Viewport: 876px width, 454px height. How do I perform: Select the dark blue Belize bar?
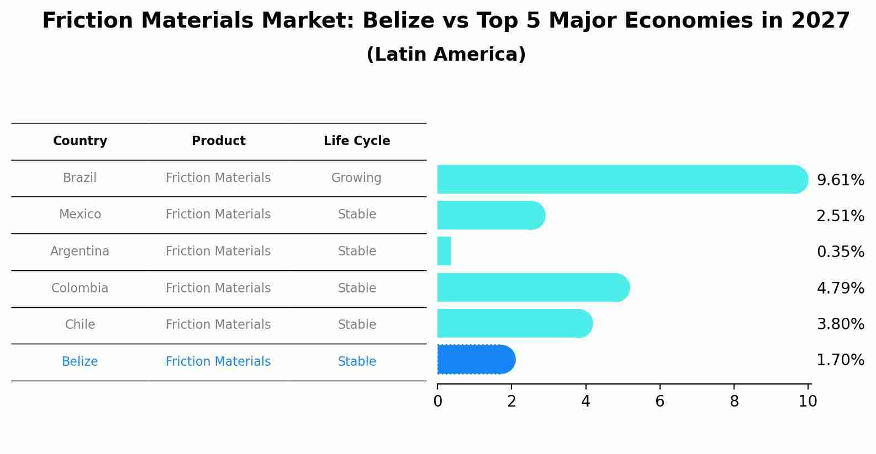[475, 360]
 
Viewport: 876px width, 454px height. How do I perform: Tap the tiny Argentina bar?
[444, 252]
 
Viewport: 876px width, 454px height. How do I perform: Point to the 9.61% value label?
[840, 180]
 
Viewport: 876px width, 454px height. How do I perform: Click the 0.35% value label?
[840, 252]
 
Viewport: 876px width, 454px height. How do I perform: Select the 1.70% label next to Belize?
[840, 360]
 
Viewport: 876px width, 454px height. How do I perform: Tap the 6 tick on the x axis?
[659, 402]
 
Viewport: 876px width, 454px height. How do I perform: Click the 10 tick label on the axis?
[808, 402]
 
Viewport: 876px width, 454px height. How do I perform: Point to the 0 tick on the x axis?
[437, 402]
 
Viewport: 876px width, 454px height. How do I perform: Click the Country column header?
[80, 141]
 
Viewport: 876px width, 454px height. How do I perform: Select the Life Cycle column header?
[357, 141]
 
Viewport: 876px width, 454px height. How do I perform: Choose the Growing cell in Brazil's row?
[356, 178]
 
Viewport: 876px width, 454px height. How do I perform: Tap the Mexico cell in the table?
[80, 215]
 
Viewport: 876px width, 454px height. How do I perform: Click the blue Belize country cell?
[80, 362]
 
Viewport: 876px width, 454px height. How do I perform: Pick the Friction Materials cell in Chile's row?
[218, 325]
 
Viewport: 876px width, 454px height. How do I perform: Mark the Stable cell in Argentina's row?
[357, 252]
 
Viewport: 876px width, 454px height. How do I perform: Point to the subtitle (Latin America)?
[446, 55]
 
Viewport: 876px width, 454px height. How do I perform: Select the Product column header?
[218, 141]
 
